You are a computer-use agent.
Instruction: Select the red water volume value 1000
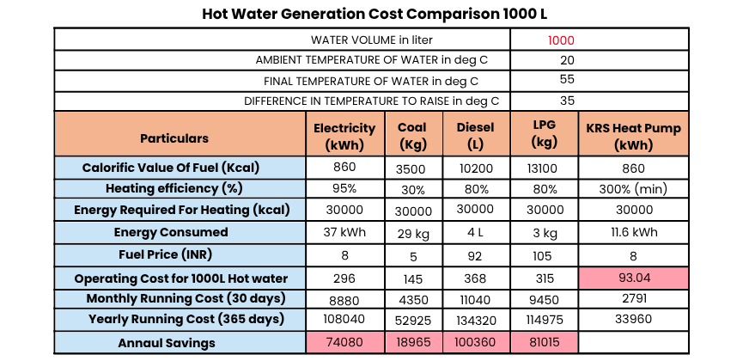[x=561, y=40]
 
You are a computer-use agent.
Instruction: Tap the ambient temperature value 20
[x=567, y=60]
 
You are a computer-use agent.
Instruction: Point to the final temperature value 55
[x=567, y=80]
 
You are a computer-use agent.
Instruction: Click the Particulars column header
[x=174, y=138]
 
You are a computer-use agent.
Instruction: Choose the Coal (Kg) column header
[x=412, y=138]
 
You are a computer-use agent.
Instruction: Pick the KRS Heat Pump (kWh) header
[x=633, y=138]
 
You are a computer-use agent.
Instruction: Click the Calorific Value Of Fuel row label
[x=170, y=168]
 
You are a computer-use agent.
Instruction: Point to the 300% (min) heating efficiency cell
[x=633, y=189]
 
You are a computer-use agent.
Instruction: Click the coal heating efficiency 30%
[x=412, y=189]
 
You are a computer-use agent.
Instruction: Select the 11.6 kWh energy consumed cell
[x=633, y=232]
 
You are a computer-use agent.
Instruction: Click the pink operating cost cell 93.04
[x=633, y=278]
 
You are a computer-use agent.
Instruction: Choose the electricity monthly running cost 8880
[x=344, y=299]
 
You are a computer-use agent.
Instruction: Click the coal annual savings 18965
[x=412, y=343]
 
